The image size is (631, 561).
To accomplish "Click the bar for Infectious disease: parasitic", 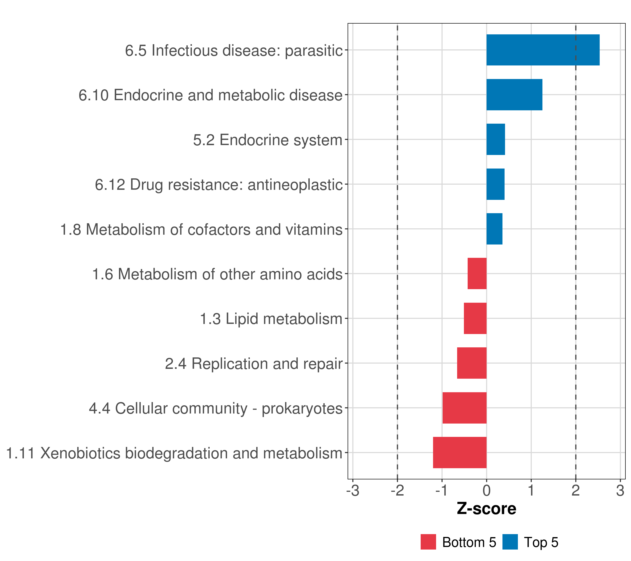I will (543, 50).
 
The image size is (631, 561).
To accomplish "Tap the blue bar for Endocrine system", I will (495, 139).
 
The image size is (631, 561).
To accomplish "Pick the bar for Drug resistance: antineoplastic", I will (495, 184).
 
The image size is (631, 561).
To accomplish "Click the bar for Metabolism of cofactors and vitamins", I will (494, 229).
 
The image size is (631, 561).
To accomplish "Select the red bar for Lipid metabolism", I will (475, 318).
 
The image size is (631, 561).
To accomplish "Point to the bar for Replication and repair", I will (472, 363).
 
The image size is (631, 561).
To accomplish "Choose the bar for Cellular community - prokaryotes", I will (464, 408).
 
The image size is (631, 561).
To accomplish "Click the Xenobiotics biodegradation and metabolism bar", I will (460, 453).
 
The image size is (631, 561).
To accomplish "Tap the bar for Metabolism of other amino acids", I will (477, 273).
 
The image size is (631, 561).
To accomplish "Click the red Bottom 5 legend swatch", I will (428, 542).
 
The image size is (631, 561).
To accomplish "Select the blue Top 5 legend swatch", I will (510, 542).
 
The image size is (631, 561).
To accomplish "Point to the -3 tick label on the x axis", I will (353, 491).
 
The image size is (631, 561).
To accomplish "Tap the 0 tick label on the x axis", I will (487, 491).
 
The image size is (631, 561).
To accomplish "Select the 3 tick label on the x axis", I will (620, 491).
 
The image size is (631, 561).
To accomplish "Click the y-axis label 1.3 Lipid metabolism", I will (271, 319).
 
